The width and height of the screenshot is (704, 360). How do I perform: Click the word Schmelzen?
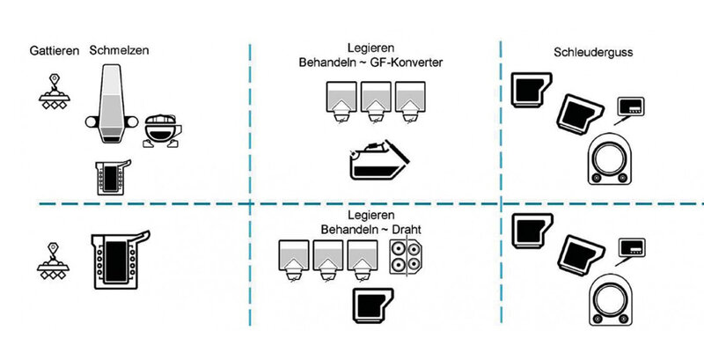tap(119, 51)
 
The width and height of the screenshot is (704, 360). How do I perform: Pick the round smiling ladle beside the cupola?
tap(161, 129)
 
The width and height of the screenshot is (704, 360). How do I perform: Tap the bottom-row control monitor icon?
tap(630, 248)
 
